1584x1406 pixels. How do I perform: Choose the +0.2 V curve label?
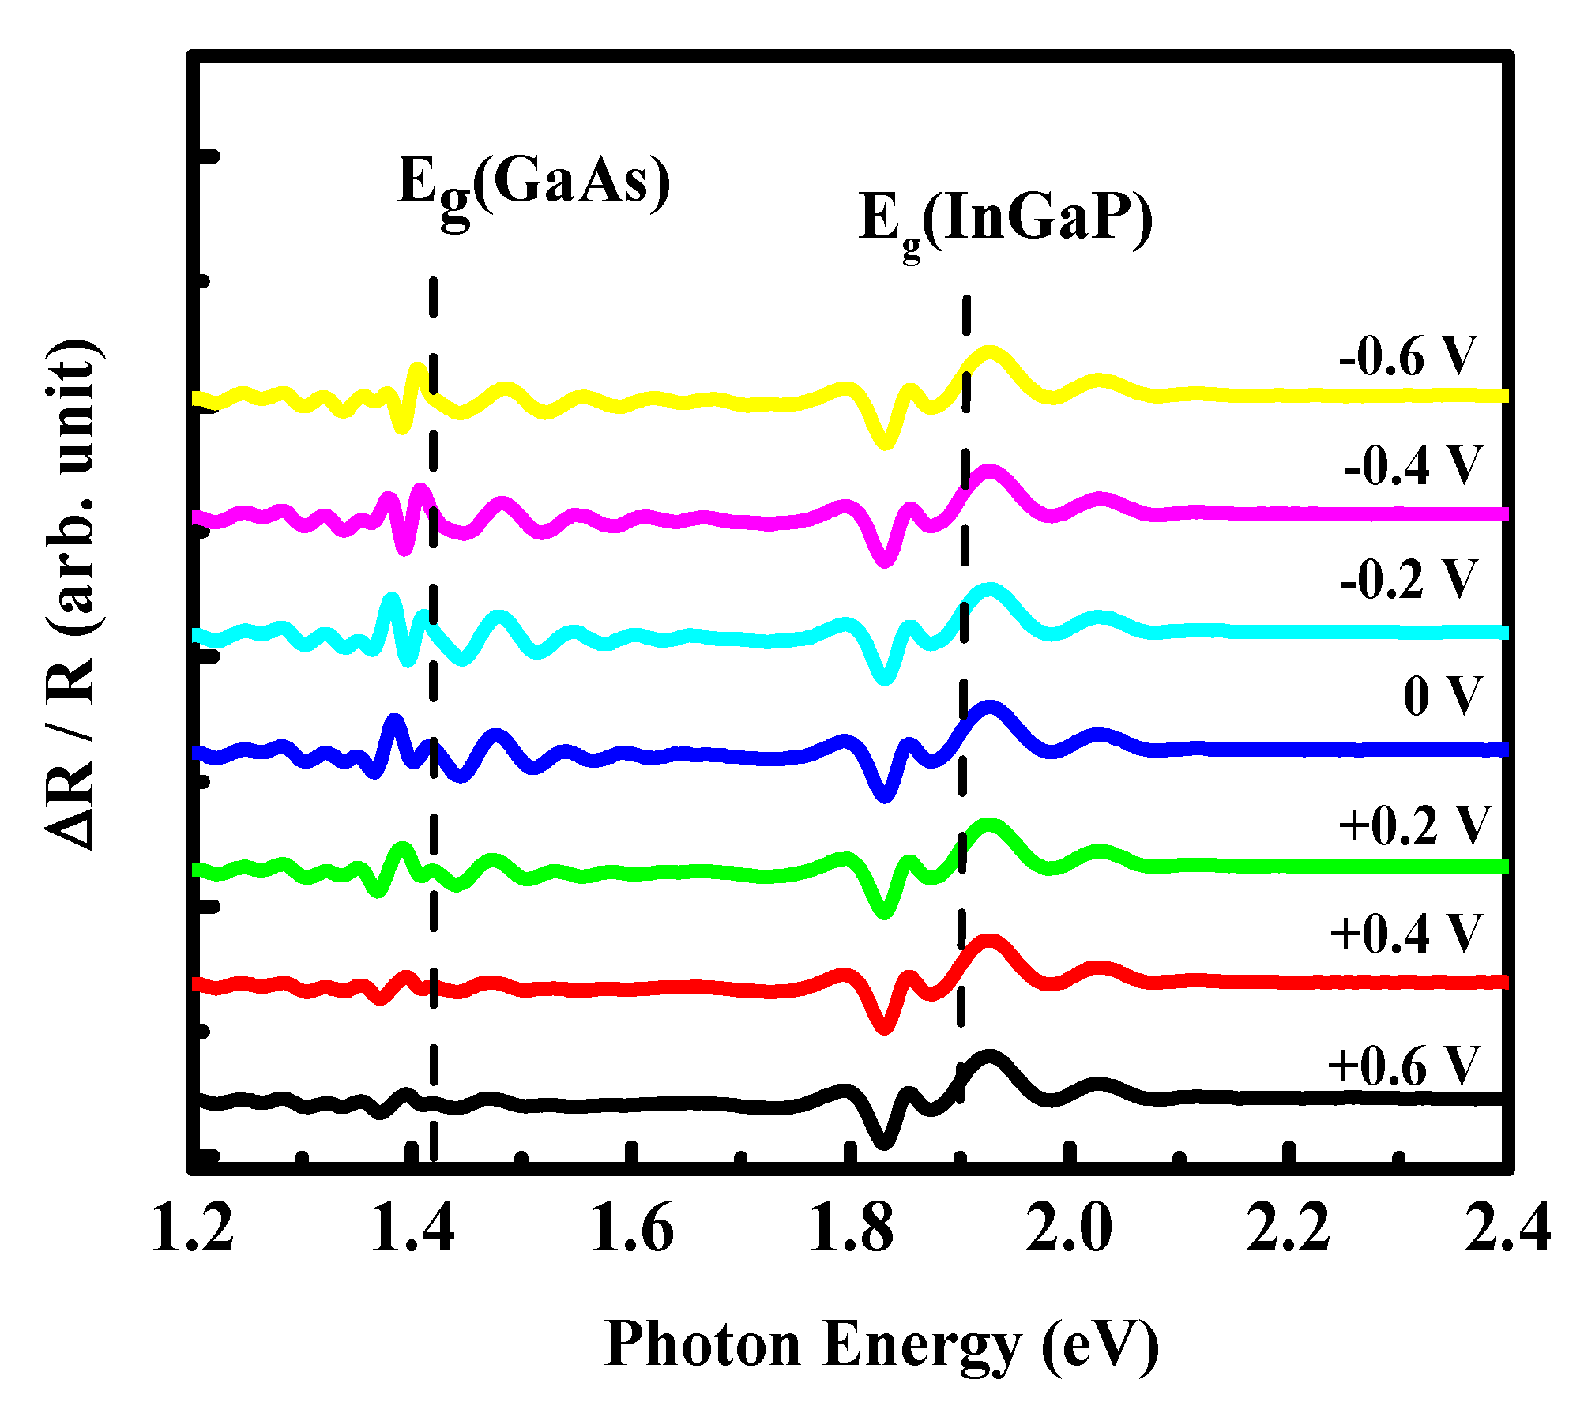tap(1413, 826)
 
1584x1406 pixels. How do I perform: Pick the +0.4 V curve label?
tap(1405, 934)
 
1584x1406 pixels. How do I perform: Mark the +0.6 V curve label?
tap(1402, 1066)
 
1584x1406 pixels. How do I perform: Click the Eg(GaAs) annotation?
tap(534, 183)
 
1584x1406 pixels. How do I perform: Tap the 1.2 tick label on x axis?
tap(192, 1229)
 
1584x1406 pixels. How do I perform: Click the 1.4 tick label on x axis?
tap(412, 1229)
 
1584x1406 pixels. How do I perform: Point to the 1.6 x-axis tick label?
tap(631, 1229)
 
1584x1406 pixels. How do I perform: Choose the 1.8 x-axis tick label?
tap(851, 1229)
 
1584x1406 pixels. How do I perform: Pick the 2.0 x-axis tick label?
tap(1069, 1229)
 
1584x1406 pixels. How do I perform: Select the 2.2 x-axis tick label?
tap(1289, 1229)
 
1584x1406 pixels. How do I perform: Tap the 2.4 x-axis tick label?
tap(1507, 1229)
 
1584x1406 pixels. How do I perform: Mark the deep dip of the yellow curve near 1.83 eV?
tap(885, 442)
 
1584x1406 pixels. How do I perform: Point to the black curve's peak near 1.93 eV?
tap(988, 1058)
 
